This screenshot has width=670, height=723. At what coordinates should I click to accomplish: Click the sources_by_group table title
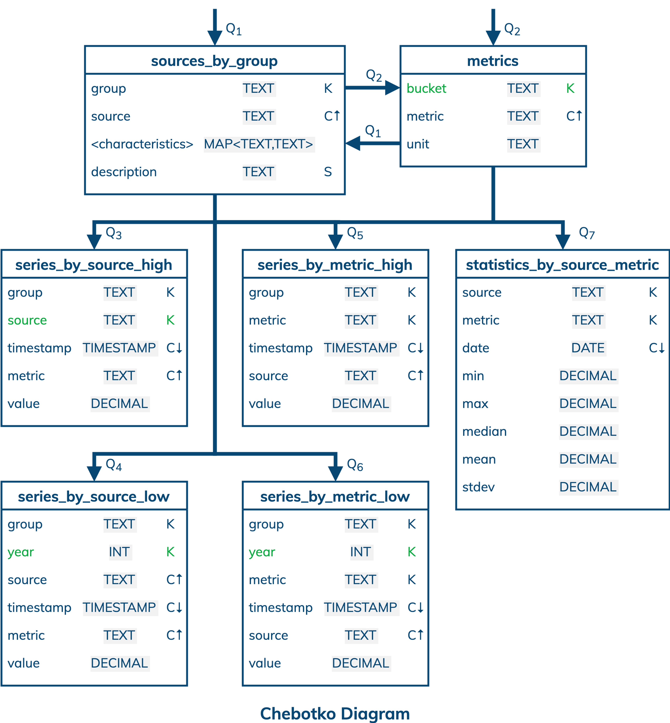(214, 61)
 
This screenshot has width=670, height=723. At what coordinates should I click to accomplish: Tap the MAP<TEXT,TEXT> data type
(259, 144)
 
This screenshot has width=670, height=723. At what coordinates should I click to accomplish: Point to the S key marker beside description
(328, 172)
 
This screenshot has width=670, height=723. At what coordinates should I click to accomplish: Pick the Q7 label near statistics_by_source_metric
(587, 233)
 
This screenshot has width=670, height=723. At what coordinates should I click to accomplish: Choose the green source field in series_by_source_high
(27, 320)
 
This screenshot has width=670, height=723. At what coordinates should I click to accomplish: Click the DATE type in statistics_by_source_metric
(588, 348)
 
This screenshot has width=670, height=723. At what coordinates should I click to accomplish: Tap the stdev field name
(478, 487)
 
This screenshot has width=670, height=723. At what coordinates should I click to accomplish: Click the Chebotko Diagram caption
(335, 713)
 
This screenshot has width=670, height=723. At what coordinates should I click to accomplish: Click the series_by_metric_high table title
(335, 265)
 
